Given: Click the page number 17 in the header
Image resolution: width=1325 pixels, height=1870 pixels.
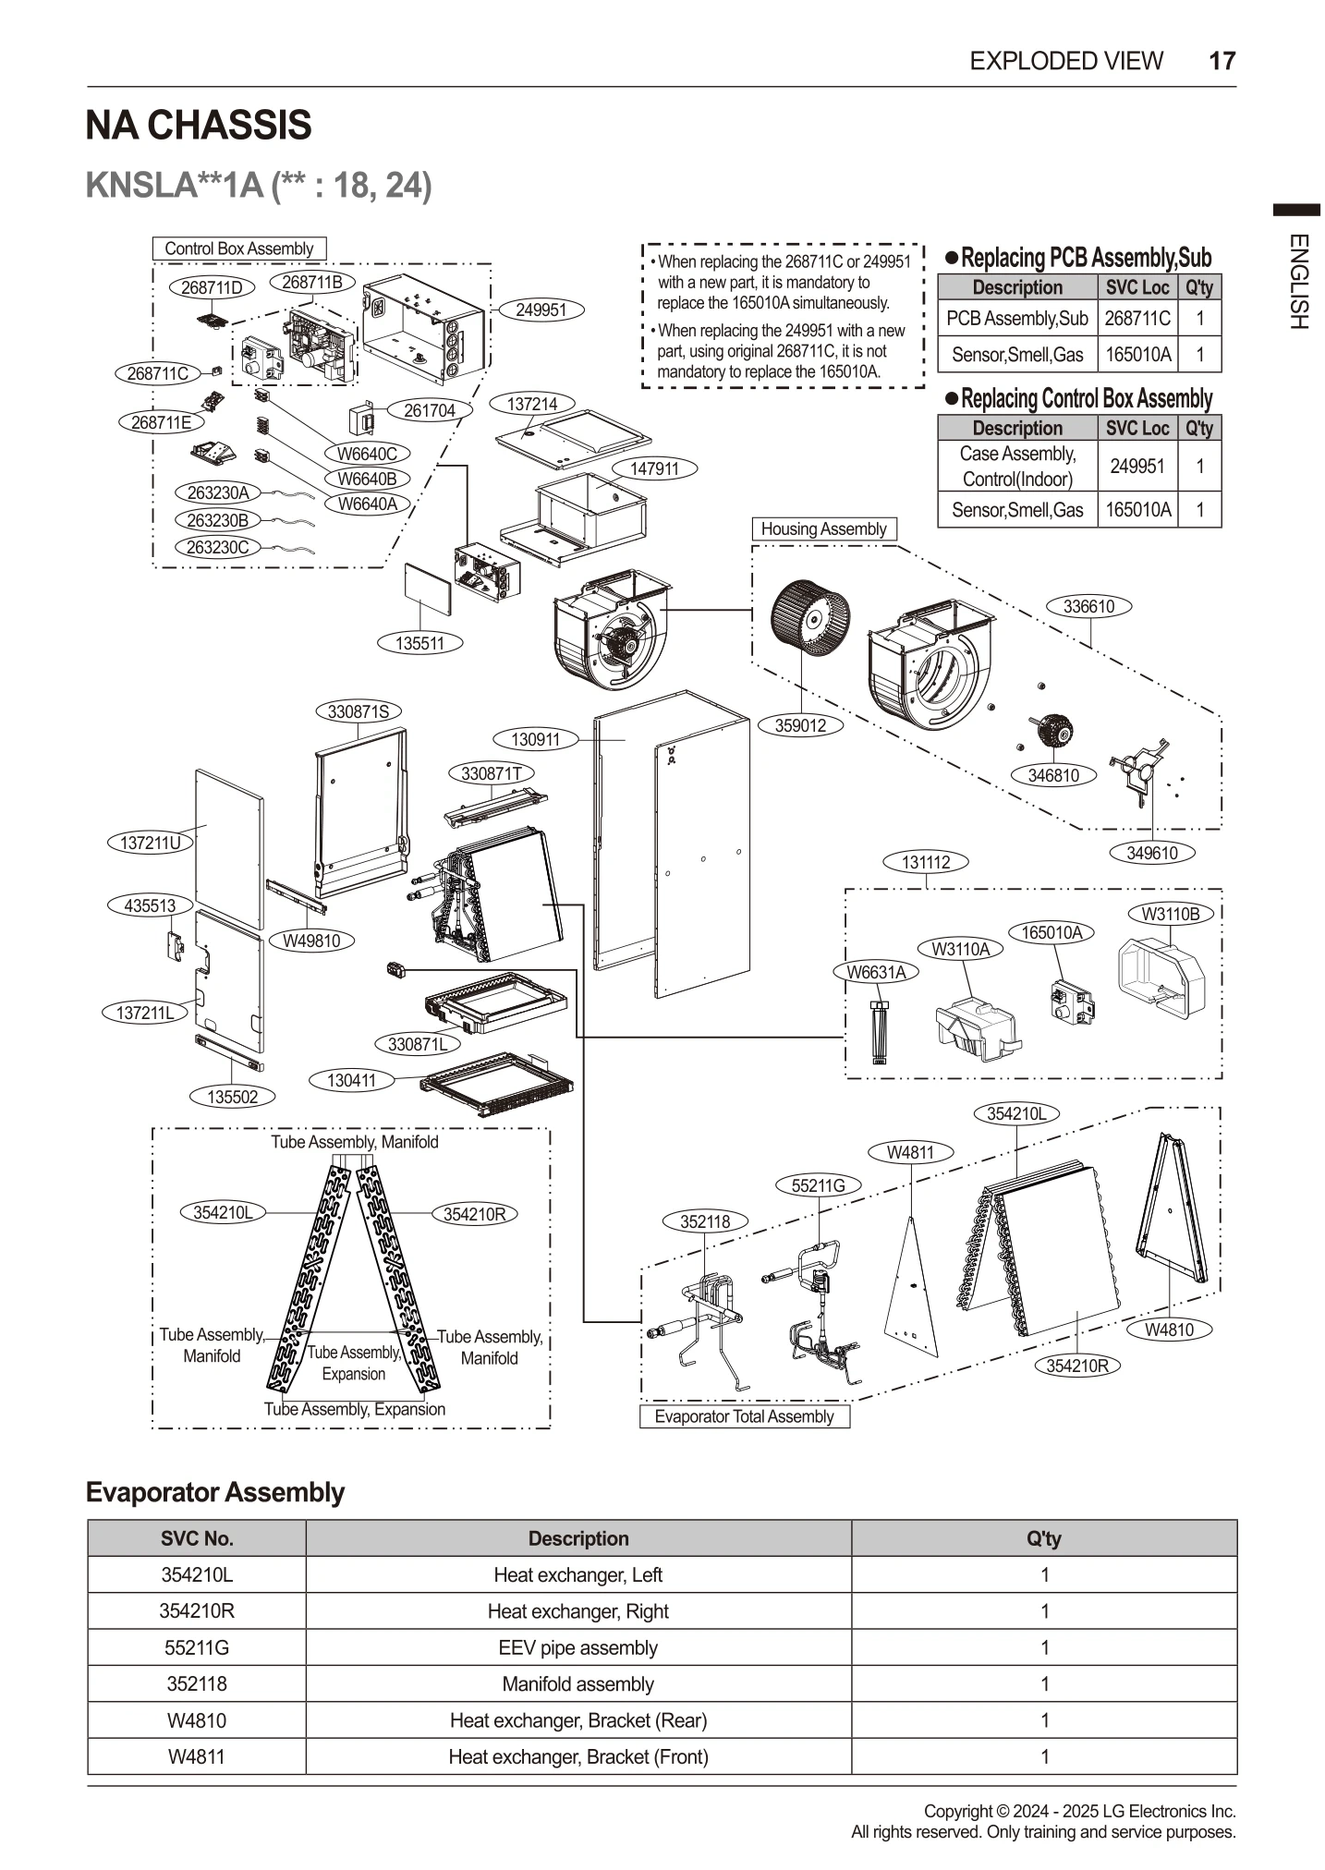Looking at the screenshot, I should pos(1221,61).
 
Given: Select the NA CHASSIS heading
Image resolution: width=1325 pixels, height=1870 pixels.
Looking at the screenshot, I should pos(199,126).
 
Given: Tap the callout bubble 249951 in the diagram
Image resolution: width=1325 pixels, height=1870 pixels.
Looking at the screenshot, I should pos(541,310).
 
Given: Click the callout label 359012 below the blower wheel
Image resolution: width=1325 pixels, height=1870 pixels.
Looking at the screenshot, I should pos(800,725).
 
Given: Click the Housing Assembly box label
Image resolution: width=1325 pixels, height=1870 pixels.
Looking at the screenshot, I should pos(823,529).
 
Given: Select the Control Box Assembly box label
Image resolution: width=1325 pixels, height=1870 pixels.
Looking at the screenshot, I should pos(239,249).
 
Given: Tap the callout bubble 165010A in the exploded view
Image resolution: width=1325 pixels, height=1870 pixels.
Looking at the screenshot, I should pos(1051,932).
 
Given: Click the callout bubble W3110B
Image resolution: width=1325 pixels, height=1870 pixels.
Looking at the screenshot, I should pos(1170,914).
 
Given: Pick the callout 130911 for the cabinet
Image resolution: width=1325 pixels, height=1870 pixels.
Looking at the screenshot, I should pos(536,739).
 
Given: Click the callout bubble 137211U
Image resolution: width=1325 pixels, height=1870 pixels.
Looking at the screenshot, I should pos(151,843).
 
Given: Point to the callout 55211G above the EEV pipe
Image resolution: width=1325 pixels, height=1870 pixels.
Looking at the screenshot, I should pos(819,1185).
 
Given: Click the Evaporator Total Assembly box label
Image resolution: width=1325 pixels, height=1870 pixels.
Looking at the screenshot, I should pos(744,1416).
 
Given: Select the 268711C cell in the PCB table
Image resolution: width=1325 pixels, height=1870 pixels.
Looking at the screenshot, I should pos(1137,319).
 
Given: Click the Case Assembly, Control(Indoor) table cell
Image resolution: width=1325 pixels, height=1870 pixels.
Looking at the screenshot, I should pos(1017,466).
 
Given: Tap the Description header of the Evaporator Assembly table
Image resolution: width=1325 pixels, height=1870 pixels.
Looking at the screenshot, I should pos(578,1538).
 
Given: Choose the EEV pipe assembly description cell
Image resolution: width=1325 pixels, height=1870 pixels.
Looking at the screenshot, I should pos(578,1647).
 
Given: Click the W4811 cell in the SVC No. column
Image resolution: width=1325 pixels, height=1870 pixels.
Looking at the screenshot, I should pos(197,1756).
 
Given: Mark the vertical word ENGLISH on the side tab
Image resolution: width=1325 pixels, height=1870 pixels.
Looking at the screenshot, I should pos(1297,282).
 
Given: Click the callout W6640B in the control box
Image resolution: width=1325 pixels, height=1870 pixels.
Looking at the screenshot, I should pos(367,479).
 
